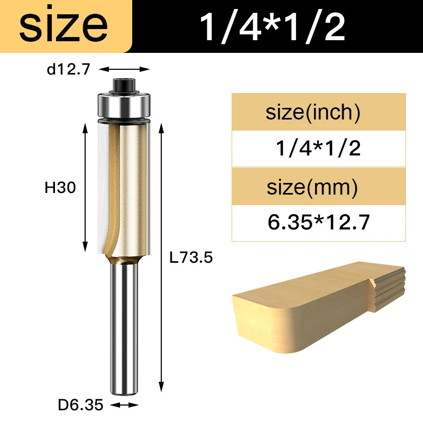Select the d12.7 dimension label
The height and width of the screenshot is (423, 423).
(x=69, y=69)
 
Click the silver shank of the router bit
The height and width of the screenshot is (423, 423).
(x=125, y=328)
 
